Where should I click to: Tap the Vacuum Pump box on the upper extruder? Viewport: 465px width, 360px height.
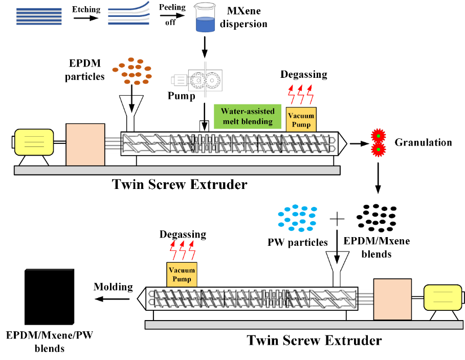301,119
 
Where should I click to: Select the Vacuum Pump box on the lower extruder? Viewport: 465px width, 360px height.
182,274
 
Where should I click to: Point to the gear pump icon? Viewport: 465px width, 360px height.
204,80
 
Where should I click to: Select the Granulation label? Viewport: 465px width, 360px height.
423,142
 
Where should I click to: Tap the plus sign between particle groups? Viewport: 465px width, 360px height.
337,219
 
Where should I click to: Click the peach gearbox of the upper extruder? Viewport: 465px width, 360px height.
85,144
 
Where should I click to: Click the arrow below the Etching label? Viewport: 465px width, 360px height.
85,18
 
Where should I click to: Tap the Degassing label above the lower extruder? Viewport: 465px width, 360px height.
183,235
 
